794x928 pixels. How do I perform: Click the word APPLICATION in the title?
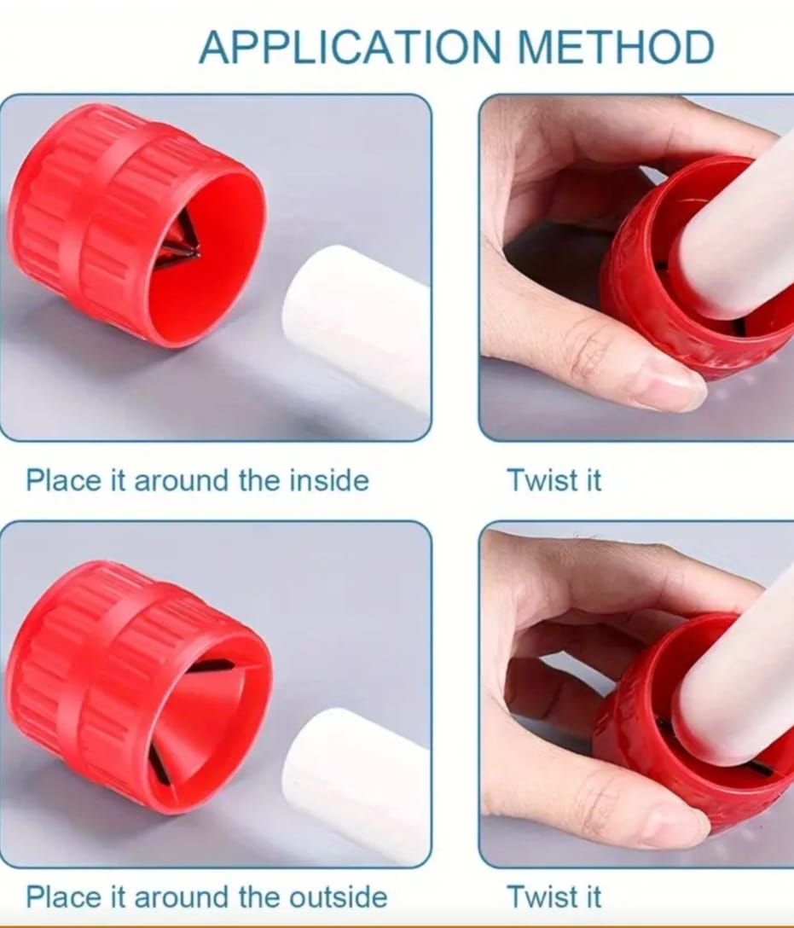pyautogui.click(x=351, y=47)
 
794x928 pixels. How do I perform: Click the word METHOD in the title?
pyautogui.click(x=616, y=47)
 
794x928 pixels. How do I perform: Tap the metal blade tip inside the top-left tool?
pyautogui.click(x=196, y=253)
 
